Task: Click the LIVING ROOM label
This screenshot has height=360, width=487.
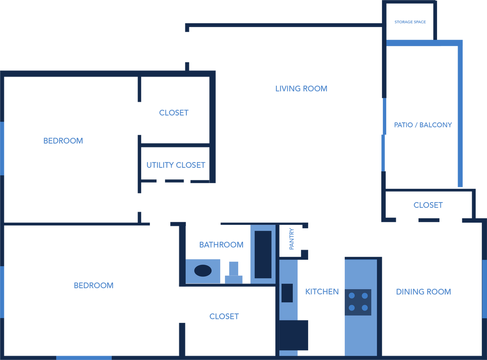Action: [x=302, y=88]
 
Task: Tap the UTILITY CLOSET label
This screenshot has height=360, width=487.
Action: [x=176, y=165]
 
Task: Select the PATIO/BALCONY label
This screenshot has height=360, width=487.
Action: [x=423, y=125]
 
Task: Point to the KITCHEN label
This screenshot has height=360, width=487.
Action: [x=322, y=292]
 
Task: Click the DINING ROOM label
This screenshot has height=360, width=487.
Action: [x=424, y=292]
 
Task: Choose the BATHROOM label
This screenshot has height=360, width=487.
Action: [x=221, y=245]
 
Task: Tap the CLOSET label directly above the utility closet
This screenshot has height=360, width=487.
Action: [x=174, y=113]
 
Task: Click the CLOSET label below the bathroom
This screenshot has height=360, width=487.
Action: [x=224, y=316]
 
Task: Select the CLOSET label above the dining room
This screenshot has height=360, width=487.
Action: [x=428, y=205]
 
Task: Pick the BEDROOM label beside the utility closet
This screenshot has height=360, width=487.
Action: [x=63, y=141]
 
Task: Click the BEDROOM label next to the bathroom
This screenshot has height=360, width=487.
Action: [x=94, y=285]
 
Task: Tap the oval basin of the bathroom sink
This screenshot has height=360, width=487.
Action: [x=203, y=271]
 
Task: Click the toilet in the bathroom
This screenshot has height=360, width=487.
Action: [x=234, y=272]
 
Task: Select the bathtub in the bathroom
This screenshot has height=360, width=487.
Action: [x=263, y=254]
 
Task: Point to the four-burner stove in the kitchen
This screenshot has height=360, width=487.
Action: [x=358, y=302]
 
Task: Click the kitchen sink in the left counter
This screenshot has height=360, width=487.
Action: [x=287, y=292]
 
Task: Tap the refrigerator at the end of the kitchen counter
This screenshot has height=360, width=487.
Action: [x=292, y=335]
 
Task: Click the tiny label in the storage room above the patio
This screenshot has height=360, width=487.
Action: [x=410, y=22]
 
